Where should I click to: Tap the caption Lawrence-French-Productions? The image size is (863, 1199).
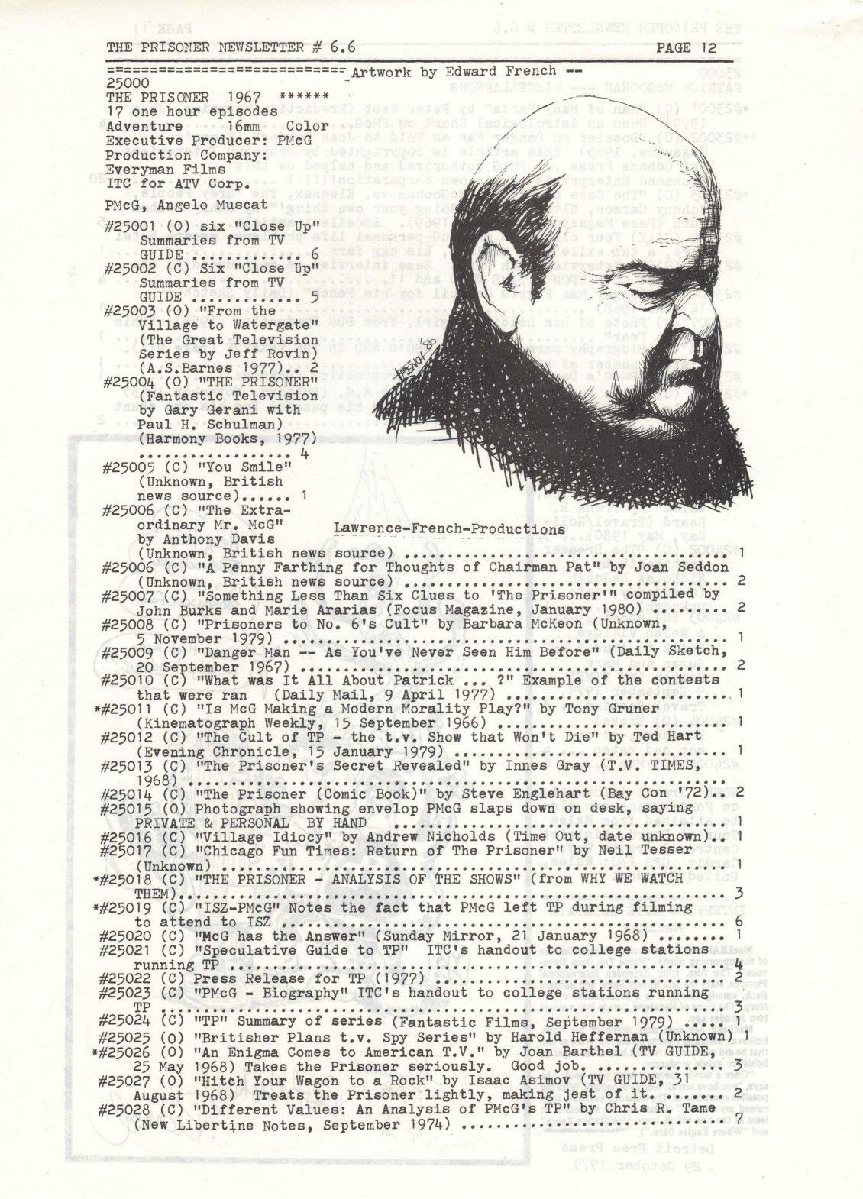coord(444,528)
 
